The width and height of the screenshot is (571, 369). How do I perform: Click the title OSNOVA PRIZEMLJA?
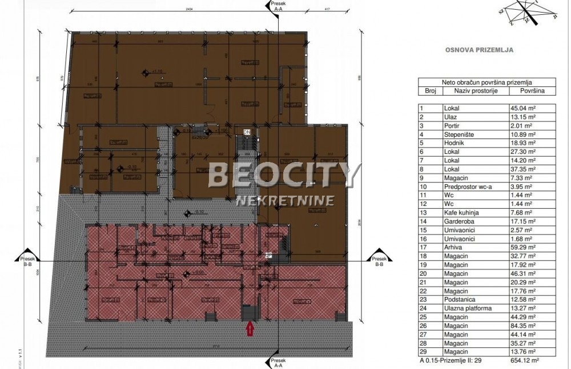[x=479, y=50]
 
